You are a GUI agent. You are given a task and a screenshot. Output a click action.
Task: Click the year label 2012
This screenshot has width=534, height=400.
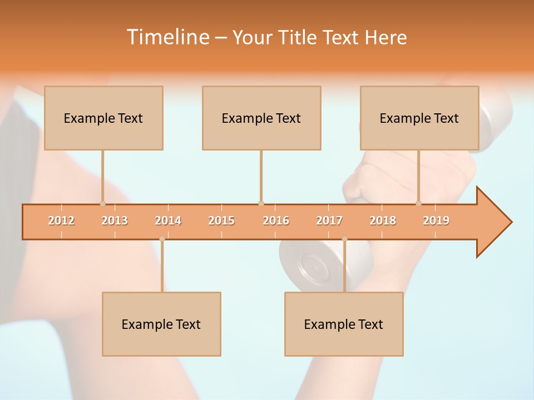pyautogui.click(x=61, y=221)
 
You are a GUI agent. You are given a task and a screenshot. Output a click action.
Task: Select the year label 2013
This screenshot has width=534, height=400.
pyautogui.click(x=115, y=221)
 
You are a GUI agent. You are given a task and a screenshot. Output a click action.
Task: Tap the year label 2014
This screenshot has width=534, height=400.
pyautogui.click(x=168, y=221)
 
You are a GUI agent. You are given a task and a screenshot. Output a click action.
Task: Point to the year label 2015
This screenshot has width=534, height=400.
pyautogui.click(x=221, y=221)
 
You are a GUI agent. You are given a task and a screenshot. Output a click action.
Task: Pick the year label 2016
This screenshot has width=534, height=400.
pyautogui.click(x=276, y=221)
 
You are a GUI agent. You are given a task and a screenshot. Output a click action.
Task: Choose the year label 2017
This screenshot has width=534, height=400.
pyautogui.click(x=329, y=221)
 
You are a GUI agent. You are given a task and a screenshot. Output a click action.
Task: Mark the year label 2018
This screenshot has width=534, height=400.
pyautogui.click(x=383, y=221)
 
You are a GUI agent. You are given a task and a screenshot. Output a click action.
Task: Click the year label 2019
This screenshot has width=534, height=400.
pyautogui.click(x=436, y=221)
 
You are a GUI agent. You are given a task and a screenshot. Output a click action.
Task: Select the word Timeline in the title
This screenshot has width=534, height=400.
pyautogui.click(x=167, y=37)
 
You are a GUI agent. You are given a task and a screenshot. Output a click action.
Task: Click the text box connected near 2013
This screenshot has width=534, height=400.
pyautogui.click(x=103, y=118)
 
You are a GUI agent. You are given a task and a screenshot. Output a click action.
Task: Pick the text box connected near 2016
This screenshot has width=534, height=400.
pyautogui.click(x=261, y=118)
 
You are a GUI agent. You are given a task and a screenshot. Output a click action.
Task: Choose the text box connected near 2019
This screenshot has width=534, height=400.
pyautogui.click(x=419, y=118)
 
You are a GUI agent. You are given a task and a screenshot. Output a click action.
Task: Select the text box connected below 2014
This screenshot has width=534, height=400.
pyautogui.click(x=161, y=324)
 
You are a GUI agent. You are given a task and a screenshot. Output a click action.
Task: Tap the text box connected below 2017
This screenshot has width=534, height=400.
pyautogui.click(x=344, y=324)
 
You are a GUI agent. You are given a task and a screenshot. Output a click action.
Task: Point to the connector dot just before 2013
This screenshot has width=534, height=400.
pyautogui.click(x=102, y=203)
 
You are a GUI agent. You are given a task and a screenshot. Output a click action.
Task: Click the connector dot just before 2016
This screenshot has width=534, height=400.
pyautogui.click(x=261, y=203)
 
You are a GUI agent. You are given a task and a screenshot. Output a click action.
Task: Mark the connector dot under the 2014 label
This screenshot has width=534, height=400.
pyautogui.click(x=162, y=239)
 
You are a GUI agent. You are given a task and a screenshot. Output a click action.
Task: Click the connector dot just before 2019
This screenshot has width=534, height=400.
pyautogui.click(x=419, y=203)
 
